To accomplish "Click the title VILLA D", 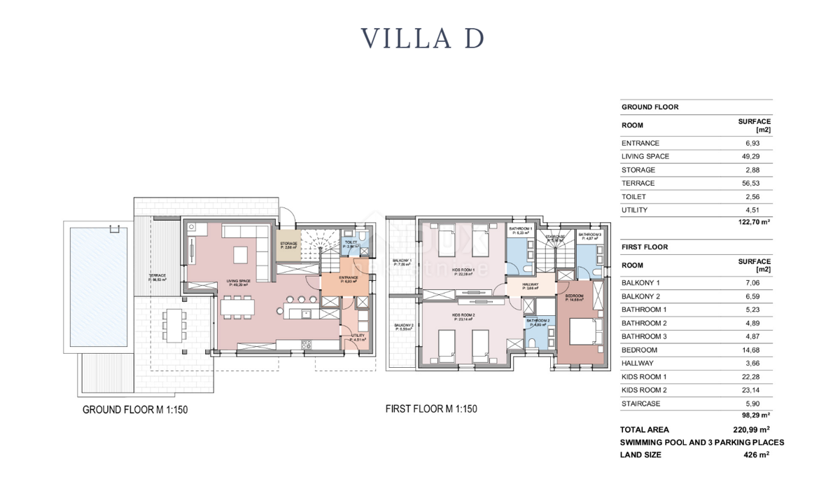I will click(x=421, y=38).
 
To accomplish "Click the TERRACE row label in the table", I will click(x=638, y=184).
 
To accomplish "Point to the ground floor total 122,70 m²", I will click(x=752, y=221).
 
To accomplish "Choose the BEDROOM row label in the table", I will click(x=639, y=350).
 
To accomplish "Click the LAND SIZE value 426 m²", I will click(x=756, y=455).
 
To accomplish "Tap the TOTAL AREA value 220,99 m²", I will click(x=746, y=429).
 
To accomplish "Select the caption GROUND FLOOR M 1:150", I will click(x=135, y=410).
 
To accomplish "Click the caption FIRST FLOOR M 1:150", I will click(x=431, y=408).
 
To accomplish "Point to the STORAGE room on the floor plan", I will click(x=288, y=245).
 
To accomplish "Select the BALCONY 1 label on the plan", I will click(x=402, y=262).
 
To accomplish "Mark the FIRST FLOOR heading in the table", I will click(x=644, y=247).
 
